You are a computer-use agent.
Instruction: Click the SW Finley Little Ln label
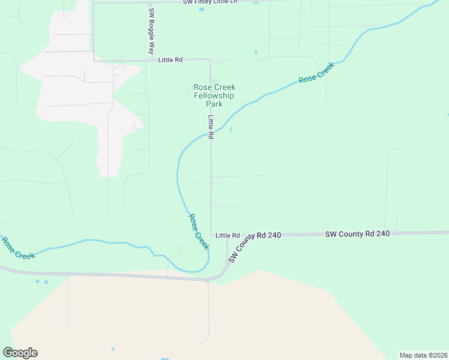[x=211, y=2]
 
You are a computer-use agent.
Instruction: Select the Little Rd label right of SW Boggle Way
[x=170, y=60]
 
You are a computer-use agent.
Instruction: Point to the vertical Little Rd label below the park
[x=211, y=127]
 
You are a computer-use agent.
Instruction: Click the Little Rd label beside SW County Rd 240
[x=228, y=235]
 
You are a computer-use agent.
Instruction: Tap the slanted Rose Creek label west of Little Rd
[x=199, y=232]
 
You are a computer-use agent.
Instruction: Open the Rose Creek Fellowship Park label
[x=214, y=95]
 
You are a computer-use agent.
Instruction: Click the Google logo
[x=20, y=353]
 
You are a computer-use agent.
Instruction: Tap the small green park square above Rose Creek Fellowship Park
[x=215, y=82]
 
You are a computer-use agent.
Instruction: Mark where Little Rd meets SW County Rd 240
[x=211, y=235]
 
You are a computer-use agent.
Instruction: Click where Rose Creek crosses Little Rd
[x=211, y=133]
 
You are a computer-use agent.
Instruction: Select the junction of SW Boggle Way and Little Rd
[x=151, y=60]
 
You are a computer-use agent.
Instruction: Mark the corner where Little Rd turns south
[x=209, y=60]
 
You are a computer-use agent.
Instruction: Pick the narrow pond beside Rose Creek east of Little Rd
[x=231, y=128]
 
